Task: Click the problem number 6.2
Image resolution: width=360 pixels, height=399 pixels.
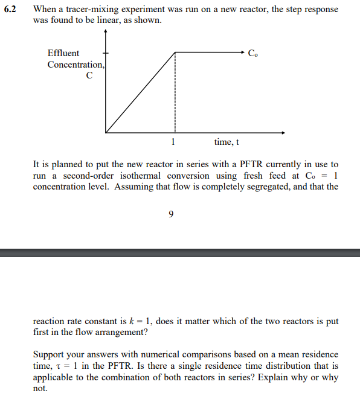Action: (11, 10)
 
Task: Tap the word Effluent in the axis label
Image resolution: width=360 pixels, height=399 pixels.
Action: (63, 53)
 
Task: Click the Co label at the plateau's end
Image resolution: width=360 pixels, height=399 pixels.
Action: (252, 53)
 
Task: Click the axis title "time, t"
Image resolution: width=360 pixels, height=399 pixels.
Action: (227, 142)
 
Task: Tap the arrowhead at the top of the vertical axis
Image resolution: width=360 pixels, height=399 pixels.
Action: (106, 34)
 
